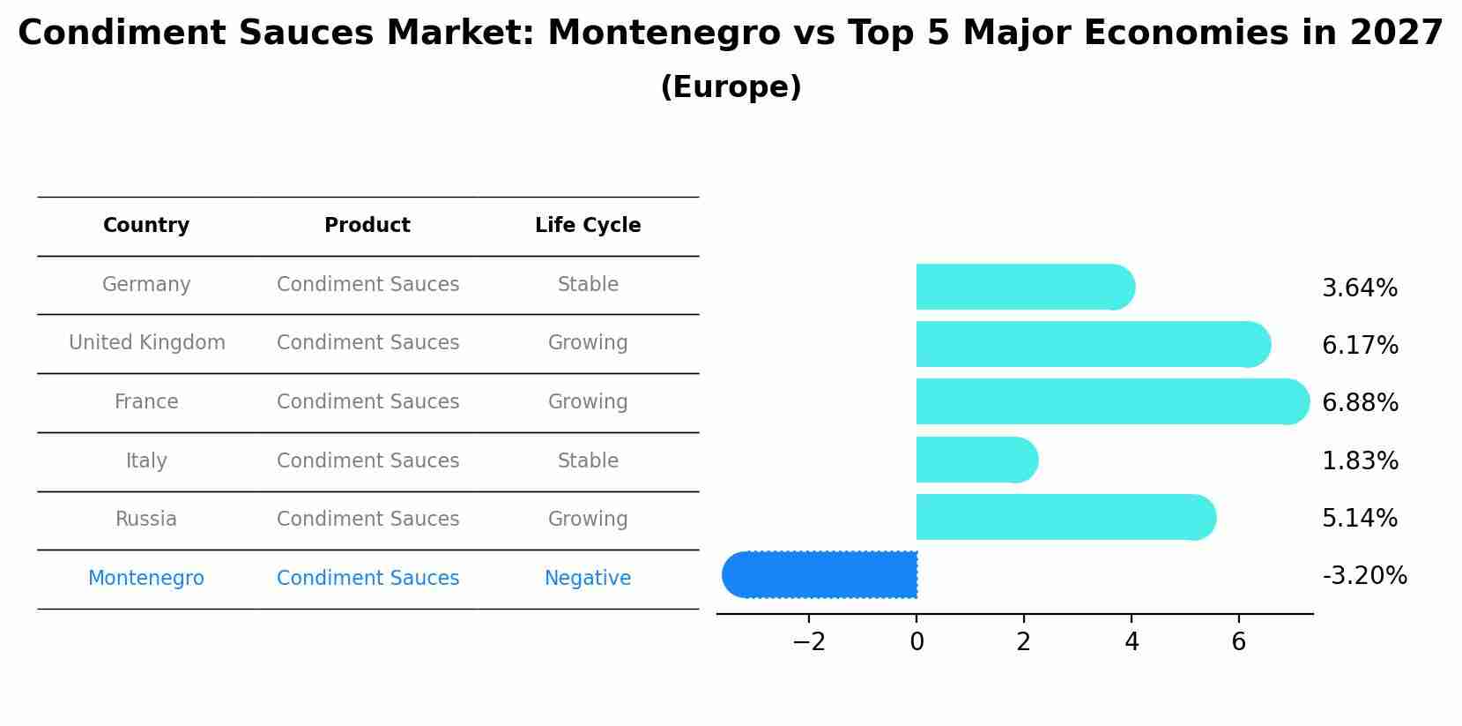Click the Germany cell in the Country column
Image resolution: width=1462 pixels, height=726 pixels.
tap(146, 285)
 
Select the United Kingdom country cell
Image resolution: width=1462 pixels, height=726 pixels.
tap(147, 343)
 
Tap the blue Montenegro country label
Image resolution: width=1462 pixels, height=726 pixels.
tap(146, 579)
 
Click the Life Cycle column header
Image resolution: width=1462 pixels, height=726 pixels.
tap(588, 226)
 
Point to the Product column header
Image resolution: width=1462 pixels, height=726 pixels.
tap(367, 226)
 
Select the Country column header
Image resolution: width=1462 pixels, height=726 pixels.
tap(146, 226)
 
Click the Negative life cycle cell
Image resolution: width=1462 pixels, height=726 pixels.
tap(588, 579)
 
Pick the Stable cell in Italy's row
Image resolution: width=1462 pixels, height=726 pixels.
tap(588, 461)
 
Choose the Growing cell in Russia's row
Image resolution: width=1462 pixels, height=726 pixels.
tap(588, 520)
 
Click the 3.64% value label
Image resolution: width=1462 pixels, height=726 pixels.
tap(1360, 288)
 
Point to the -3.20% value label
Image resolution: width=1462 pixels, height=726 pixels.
tap(1364, 576)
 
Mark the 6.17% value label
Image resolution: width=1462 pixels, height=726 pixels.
tap(1360, 346)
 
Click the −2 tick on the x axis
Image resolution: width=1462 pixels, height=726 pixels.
tap(809, 642)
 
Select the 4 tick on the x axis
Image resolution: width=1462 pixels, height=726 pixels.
tap(1132, 642)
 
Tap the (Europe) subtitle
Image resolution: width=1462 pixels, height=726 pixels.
tap(731, 87)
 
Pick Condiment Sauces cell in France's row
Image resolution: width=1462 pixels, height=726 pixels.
tap(367, 402)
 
